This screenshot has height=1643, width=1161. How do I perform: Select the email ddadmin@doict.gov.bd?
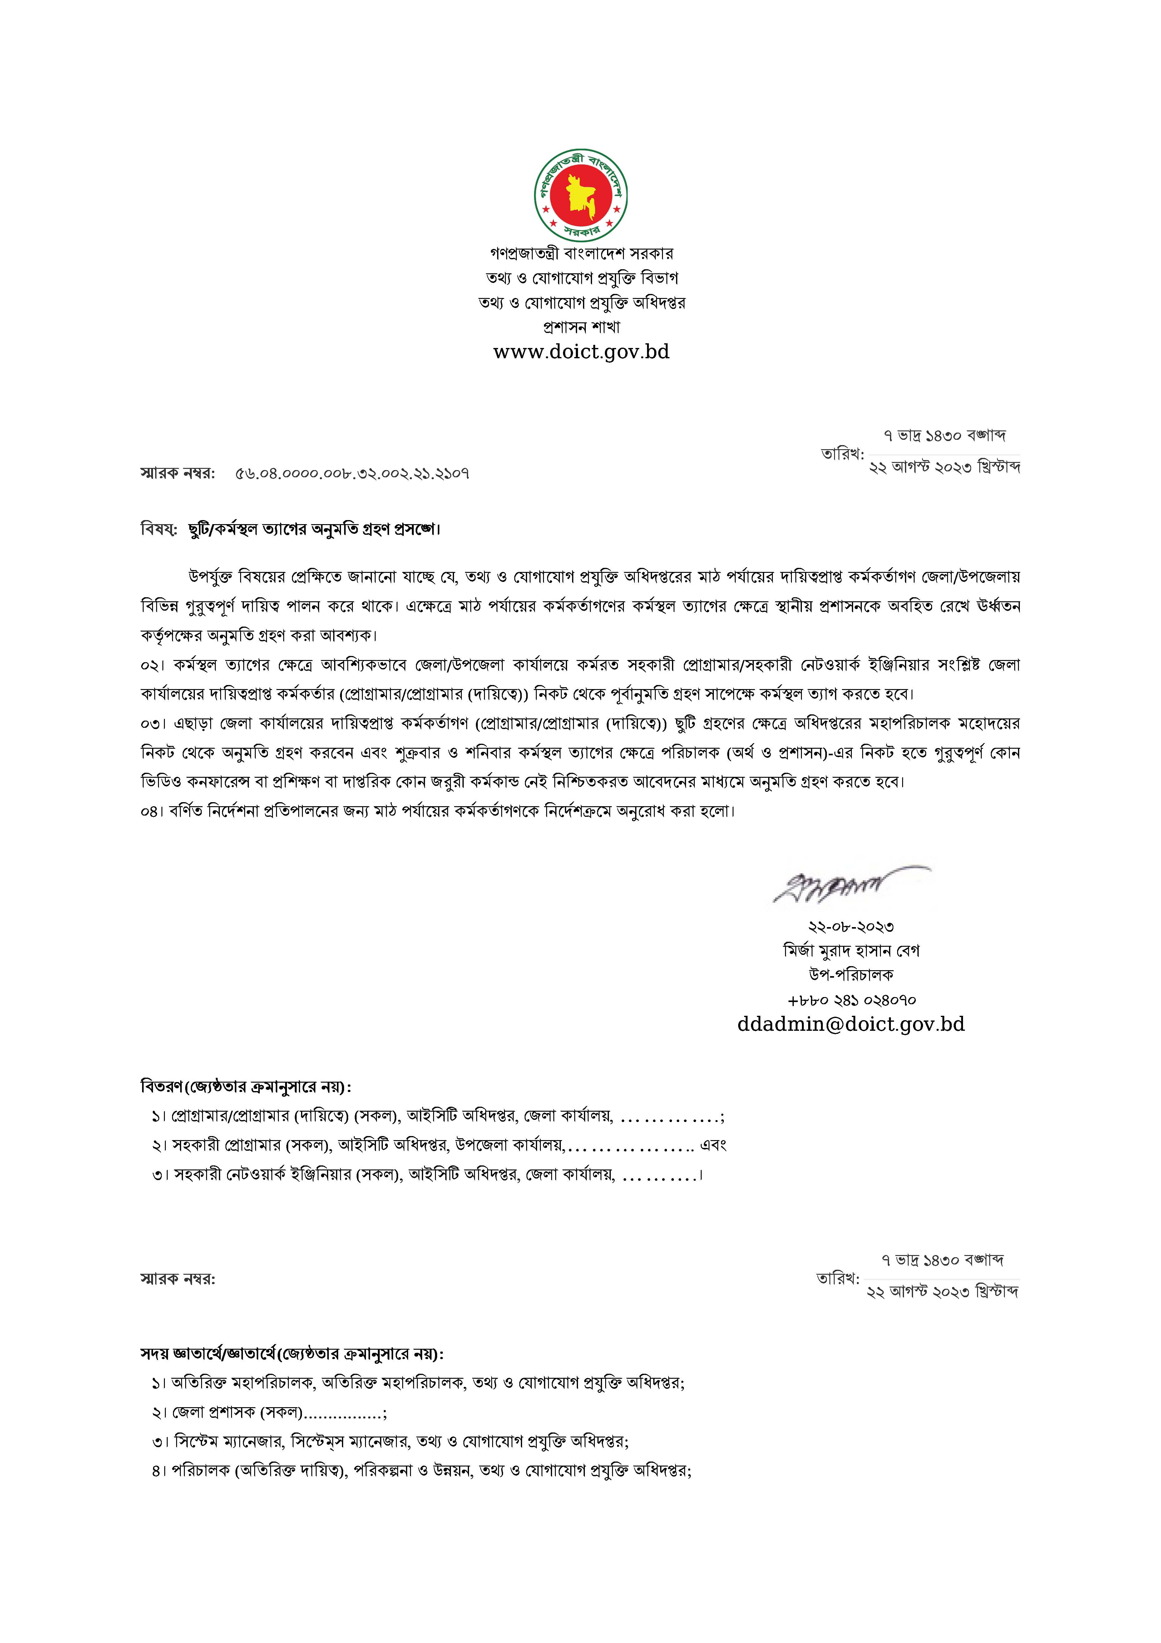(x=851, y=1024)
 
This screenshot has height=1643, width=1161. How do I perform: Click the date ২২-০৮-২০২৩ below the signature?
(x=851, y=927)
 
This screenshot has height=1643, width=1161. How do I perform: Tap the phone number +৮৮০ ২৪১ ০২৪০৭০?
(x=851, y=1000)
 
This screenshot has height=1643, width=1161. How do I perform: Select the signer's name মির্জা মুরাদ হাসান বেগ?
(x=851, y=951)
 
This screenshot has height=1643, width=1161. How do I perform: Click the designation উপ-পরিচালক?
(x=851, y=975)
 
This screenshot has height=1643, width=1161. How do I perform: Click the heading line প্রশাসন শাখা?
(x=581, y=327)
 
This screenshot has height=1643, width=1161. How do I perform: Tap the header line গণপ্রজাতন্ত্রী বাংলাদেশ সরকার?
(x=581, y=253)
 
